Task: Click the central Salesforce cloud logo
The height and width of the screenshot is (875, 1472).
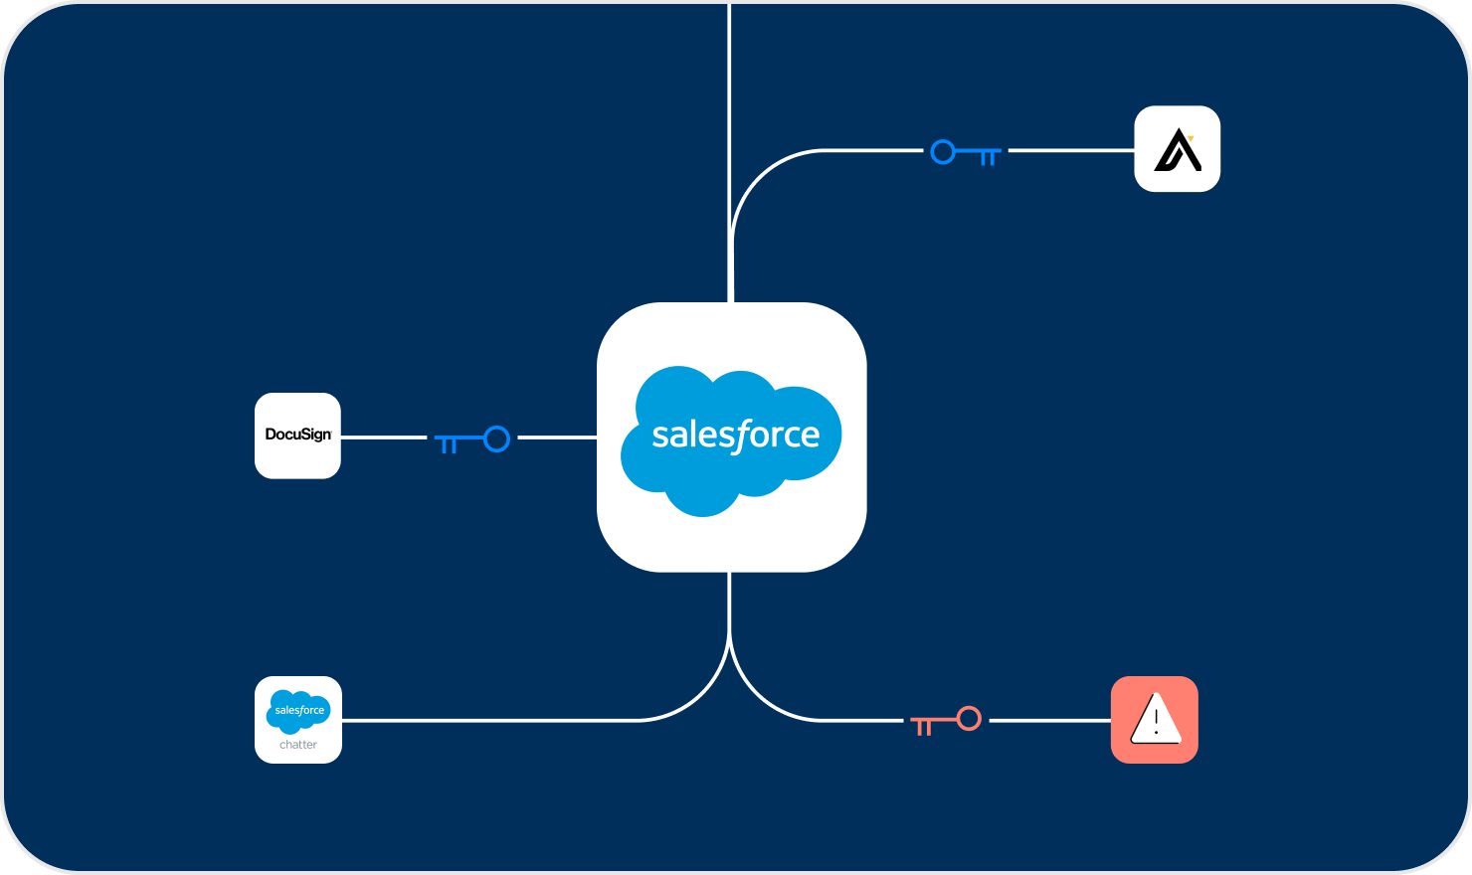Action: tap(731, 437)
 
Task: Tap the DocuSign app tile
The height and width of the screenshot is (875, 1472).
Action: tap(297, 436)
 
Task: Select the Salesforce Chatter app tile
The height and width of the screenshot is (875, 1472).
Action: tap(297, 720)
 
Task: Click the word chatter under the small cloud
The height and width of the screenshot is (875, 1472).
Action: tap(297, 745)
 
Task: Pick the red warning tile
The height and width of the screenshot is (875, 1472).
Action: tap(1154, 720)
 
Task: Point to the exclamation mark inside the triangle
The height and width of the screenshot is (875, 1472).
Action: tap(1156, 721)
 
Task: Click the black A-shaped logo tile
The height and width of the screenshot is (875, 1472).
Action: tap(1178, 149)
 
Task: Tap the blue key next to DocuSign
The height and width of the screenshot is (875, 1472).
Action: tap(472, 439)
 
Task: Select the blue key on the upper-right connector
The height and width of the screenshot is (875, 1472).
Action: tap(965, 153)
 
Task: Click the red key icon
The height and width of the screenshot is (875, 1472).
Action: tap(946, 721)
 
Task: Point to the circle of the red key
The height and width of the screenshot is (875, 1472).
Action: tap(969, 718)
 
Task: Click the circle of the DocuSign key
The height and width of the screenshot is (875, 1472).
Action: tap(496, 438)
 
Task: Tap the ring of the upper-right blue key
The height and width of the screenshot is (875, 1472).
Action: tap(943, 152)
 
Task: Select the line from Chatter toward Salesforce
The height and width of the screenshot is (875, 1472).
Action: tap(497, 720)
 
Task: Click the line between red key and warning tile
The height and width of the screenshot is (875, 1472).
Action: tap(1049, 720)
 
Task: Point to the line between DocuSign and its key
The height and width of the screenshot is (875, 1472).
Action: tap(383, 437)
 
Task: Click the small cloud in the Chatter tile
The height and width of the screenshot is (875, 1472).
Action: tap(298, 710)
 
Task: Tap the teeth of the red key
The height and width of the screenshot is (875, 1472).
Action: tap(923, 728)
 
